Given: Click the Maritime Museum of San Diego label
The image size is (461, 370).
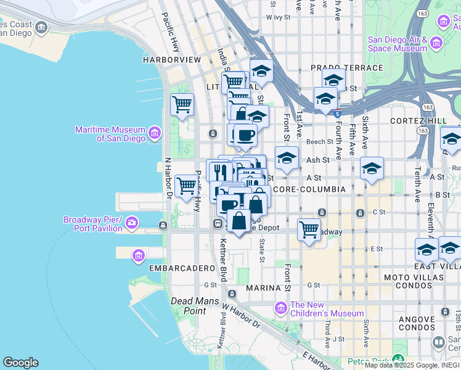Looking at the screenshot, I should pos(110,134).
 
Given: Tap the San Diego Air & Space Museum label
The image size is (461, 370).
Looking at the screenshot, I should pos(398,44).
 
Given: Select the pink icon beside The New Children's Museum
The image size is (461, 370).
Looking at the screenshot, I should pos(281,308).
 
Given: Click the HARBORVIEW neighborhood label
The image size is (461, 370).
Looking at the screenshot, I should pos(172,60).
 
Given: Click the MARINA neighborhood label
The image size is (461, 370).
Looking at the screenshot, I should pos(263,288).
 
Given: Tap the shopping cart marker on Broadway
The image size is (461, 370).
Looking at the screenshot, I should pos(309,230).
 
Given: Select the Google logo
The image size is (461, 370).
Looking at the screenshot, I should pos(20,363).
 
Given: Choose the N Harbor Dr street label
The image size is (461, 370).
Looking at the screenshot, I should pos(167,178).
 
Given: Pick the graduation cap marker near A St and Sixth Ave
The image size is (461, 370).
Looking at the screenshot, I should pos(372,168).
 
